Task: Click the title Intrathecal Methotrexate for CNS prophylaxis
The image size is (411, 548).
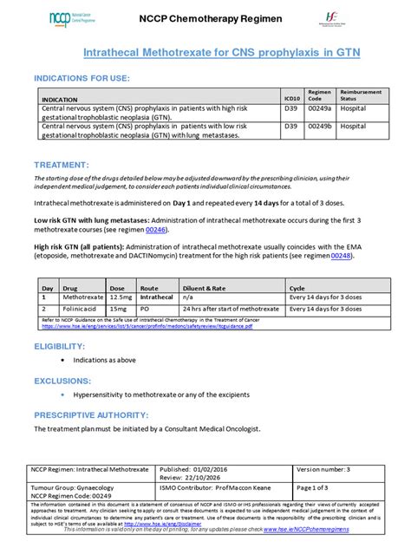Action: tap(205, 54)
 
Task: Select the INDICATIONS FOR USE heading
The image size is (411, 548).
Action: tap(82, 79)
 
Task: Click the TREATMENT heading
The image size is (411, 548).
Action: tap(61, 164)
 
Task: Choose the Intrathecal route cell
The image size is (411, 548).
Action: tap(157, 297)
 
